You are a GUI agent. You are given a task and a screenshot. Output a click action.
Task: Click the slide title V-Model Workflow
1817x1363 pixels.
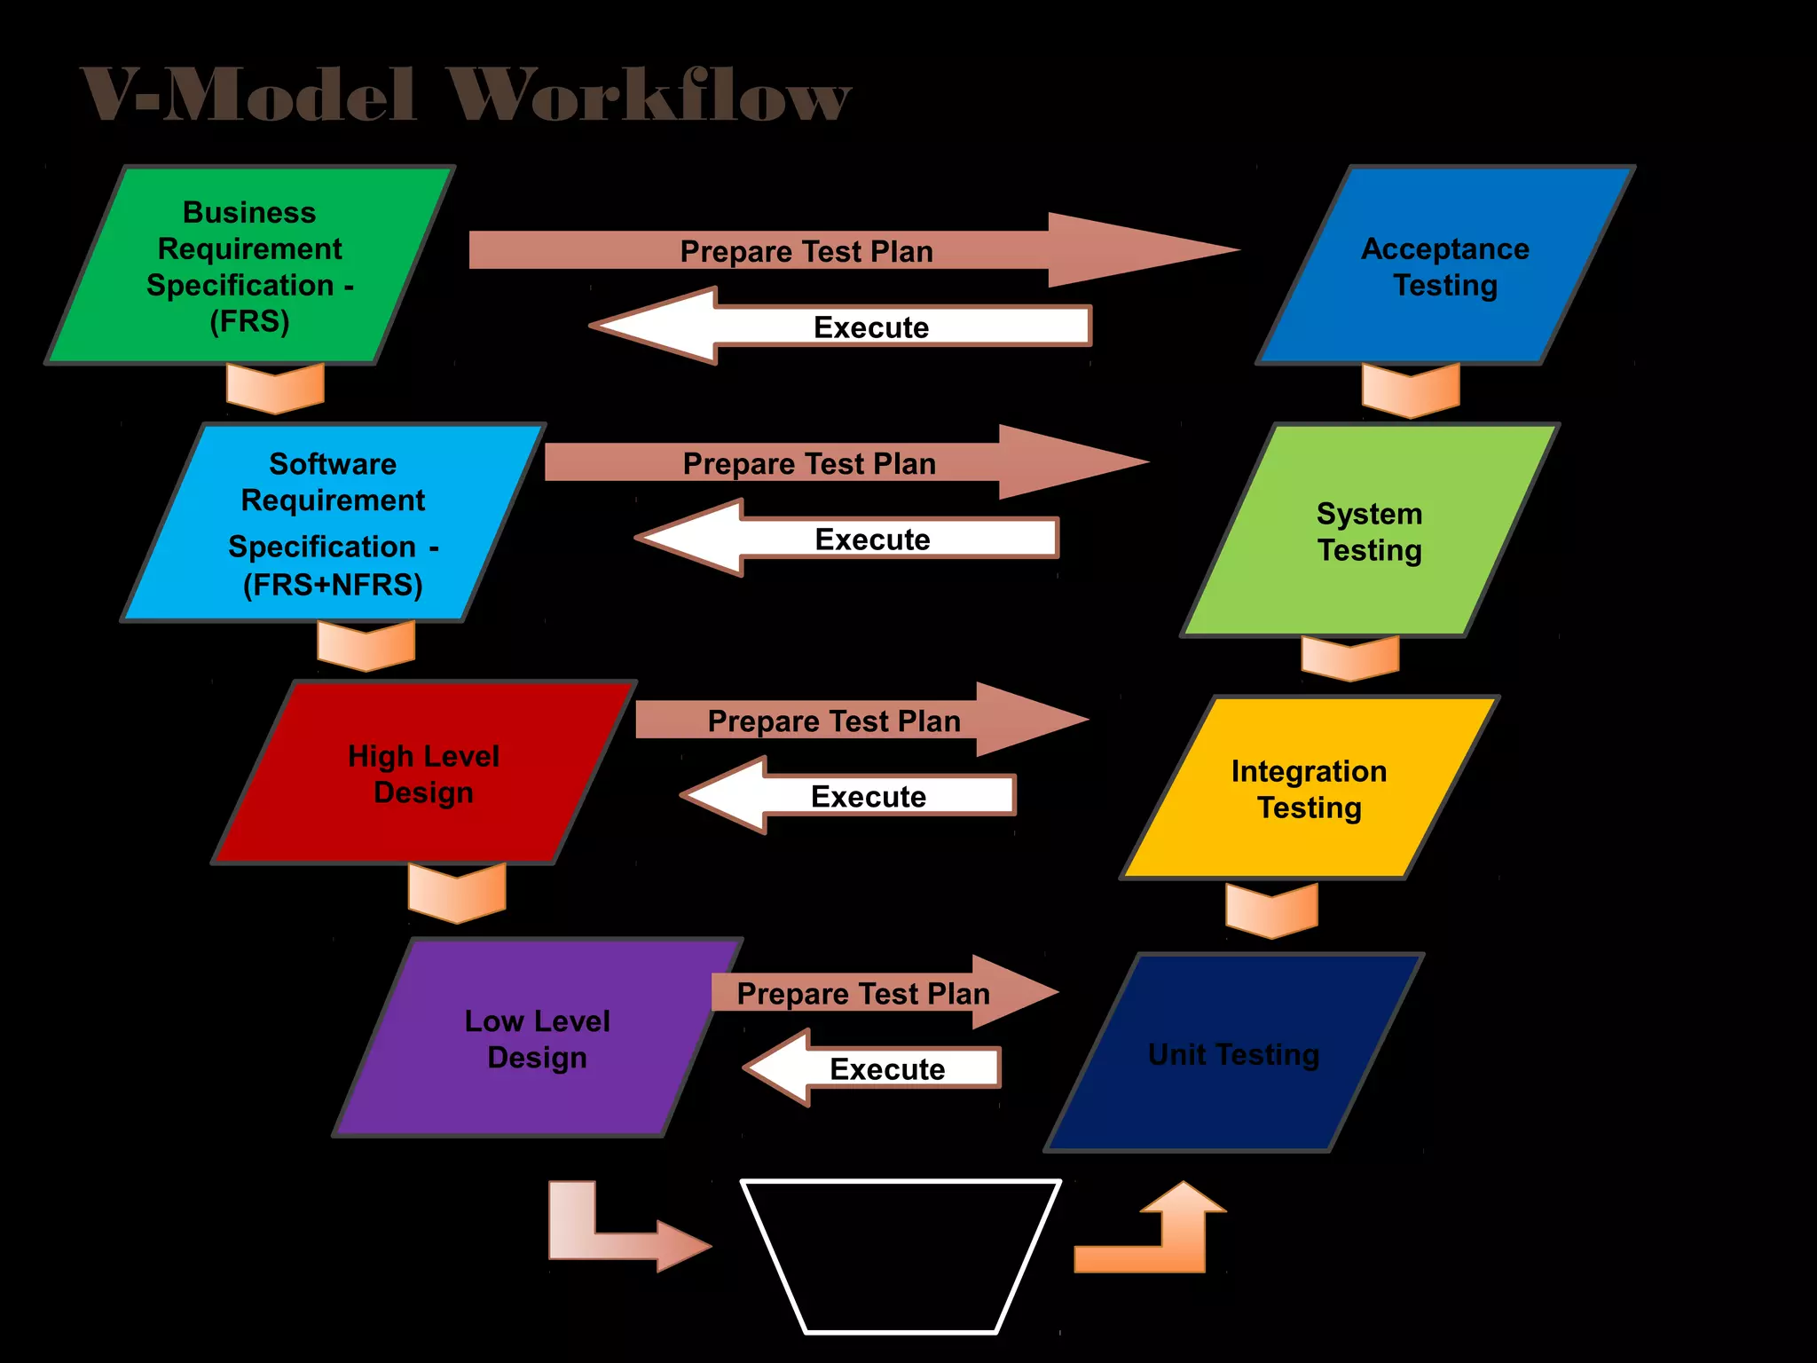pyautogui.click(x=466, y=94)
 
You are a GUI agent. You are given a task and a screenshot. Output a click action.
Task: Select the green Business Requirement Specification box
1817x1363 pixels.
pyautogui.click(x=250, y=265)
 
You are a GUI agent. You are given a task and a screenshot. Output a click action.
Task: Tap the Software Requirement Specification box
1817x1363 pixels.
pyautogui.click(x=333, y=523)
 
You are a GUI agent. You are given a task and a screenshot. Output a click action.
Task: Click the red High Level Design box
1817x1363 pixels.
pyautogui.click(x=423, y=773)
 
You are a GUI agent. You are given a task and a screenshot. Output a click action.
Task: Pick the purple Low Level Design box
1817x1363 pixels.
pyautogui.click(x=537, y=1037)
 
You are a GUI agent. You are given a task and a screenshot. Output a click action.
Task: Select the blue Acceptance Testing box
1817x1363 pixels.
pyautogui.click(x=1444, y=265)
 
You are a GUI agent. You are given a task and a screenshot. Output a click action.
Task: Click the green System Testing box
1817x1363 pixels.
pyautogui.click(x=1369, y=531)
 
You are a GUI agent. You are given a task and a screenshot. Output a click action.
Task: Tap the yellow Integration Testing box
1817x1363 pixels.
pyautogui.click(x=1309, y=788)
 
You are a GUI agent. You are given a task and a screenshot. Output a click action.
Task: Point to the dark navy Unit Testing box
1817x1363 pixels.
pyautogui.click(x=1233, y=1053)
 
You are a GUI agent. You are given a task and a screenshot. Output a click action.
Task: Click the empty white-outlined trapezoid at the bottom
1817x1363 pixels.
pyautogui.click(x=901, y=1251)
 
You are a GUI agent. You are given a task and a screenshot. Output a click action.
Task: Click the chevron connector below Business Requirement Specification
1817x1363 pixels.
pyautogui.click(x=275, y=389)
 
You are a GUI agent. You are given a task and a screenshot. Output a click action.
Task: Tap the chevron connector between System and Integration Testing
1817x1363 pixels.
pyautogui.click(x=1350, y=658)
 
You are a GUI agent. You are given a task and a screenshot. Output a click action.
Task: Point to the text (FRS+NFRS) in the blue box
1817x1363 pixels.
pyautogui.click(x=333, y=584)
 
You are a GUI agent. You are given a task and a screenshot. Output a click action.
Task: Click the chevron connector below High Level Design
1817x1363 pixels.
pyautogui.click(x=457, y=893)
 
